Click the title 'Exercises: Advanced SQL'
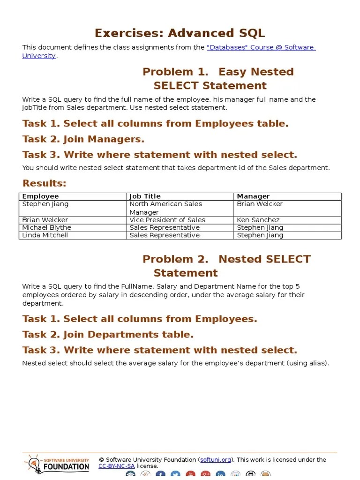(x=180, y=33)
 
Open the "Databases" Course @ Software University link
(x=261, y=47)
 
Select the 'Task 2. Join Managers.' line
(x=83, y=139)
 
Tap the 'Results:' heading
(x=45, y=183)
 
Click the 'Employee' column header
(x=41, y=196)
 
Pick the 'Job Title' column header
(x=145, y=196)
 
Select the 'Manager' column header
(x=253, y=196)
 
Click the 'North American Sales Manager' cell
(x=165, y=208)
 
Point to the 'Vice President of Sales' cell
(x=167, y=220)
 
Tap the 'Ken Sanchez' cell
(x=258, y=220)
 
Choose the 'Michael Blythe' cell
(x=47, y=227)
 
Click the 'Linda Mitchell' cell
(x=45, y=235)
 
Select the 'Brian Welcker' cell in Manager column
(x=260, y=204)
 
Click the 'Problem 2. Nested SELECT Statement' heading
(x=226, y=266)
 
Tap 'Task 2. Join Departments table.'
(x=108, y=335)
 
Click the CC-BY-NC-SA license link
(x=116, y=466)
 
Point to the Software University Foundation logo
(x=56, y=464)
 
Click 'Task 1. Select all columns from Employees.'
(x=140, y=319)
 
